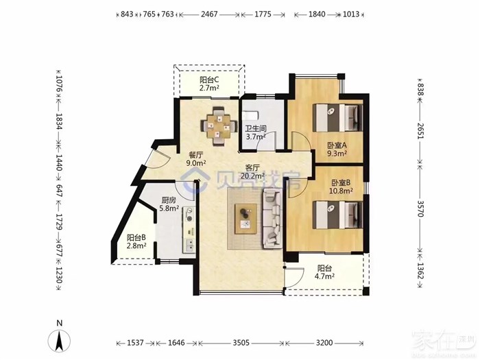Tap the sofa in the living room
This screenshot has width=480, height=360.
(x=273, y=218)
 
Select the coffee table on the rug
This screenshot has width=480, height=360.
(x=245, y=219)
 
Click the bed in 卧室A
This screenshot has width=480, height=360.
(x=338, y=118)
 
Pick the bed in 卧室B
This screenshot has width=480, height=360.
(x=338, y=215)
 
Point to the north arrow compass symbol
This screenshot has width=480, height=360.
(x=60, y=337)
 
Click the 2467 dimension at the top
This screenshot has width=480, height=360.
(x=209, y=14)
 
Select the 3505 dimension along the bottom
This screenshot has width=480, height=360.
(x=241, y=343)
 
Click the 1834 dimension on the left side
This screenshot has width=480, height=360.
(x=59, y=121)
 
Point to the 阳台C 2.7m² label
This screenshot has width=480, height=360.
(x=210, y=84)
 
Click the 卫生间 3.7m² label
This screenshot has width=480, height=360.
(x=256, y=132)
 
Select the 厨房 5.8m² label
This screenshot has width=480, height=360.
(x=169, y=204)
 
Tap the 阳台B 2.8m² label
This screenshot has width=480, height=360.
(x=136, y=241)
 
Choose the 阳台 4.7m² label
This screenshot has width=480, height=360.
(x=325, y=272)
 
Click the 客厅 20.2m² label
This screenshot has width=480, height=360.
(x=252, y=171)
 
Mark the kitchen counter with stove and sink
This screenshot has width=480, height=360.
(x=189, y=230)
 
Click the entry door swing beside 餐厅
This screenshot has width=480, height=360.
(x=158, y=159)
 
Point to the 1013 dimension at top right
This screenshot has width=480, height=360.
(x=351, y=14)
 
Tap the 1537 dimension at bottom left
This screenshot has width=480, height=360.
(x=135, y=343)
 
